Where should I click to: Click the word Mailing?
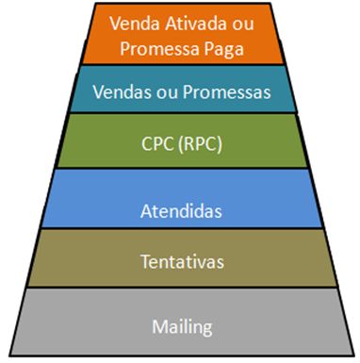[x=180, y=327]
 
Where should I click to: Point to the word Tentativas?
[x=180, y=257]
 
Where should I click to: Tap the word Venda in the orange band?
[x=134, y=21]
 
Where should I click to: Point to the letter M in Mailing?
[x=157, y=327]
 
